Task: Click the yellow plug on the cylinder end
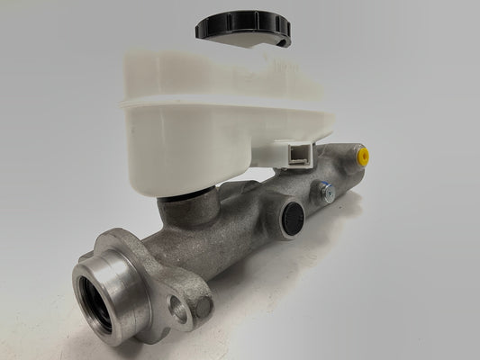coord(362,156)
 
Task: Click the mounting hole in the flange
coord(178,311)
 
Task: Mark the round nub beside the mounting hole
coord(203,307)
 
